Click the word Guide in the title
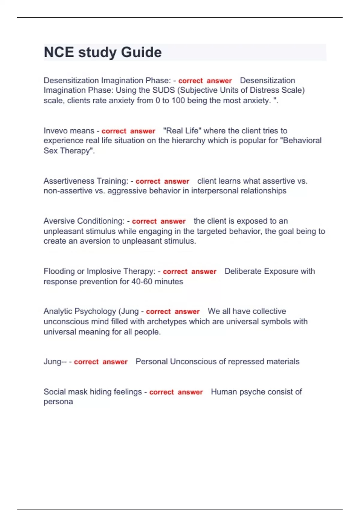click(141, 52)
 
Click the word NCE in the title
click(59, 52)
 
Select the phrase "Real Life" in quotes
click(182, 131)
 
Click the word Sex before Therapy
click(51, 151)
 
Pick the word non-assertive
click(68, 191)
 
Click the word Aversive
click(59, 221)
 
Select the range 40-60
click(142, 282)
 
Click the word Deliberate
click(244, 271)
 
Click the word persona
click(58, 402)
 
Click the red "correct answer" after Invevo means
click(128, 131)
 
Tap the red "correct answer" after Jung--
click(101, 362)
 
